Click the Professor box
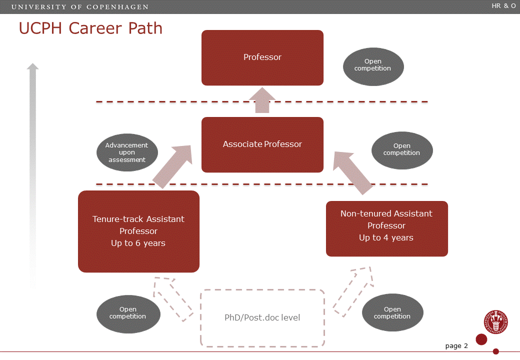pos(262,57)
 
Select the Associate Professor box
pos(262,144)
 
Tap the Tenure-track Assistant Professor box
pos(138,231)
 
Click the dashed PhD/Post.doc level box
pos(262,317)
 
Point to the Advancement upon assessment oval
pos(127,152)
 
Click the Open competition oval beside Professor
pos(373,65)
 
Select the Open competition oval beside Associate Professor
pos(402,150)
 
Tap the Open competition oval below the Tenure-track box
pos(128,313)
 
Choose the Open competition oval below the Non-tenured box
pos(392,313)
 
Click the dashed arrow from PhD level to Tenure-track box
pos(173,298)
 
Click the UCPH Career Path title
pos(90,28)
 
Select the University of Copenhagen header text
pos(79,7)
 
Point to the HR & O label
pos(503,6)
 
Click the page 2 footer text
pos(456,346)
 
